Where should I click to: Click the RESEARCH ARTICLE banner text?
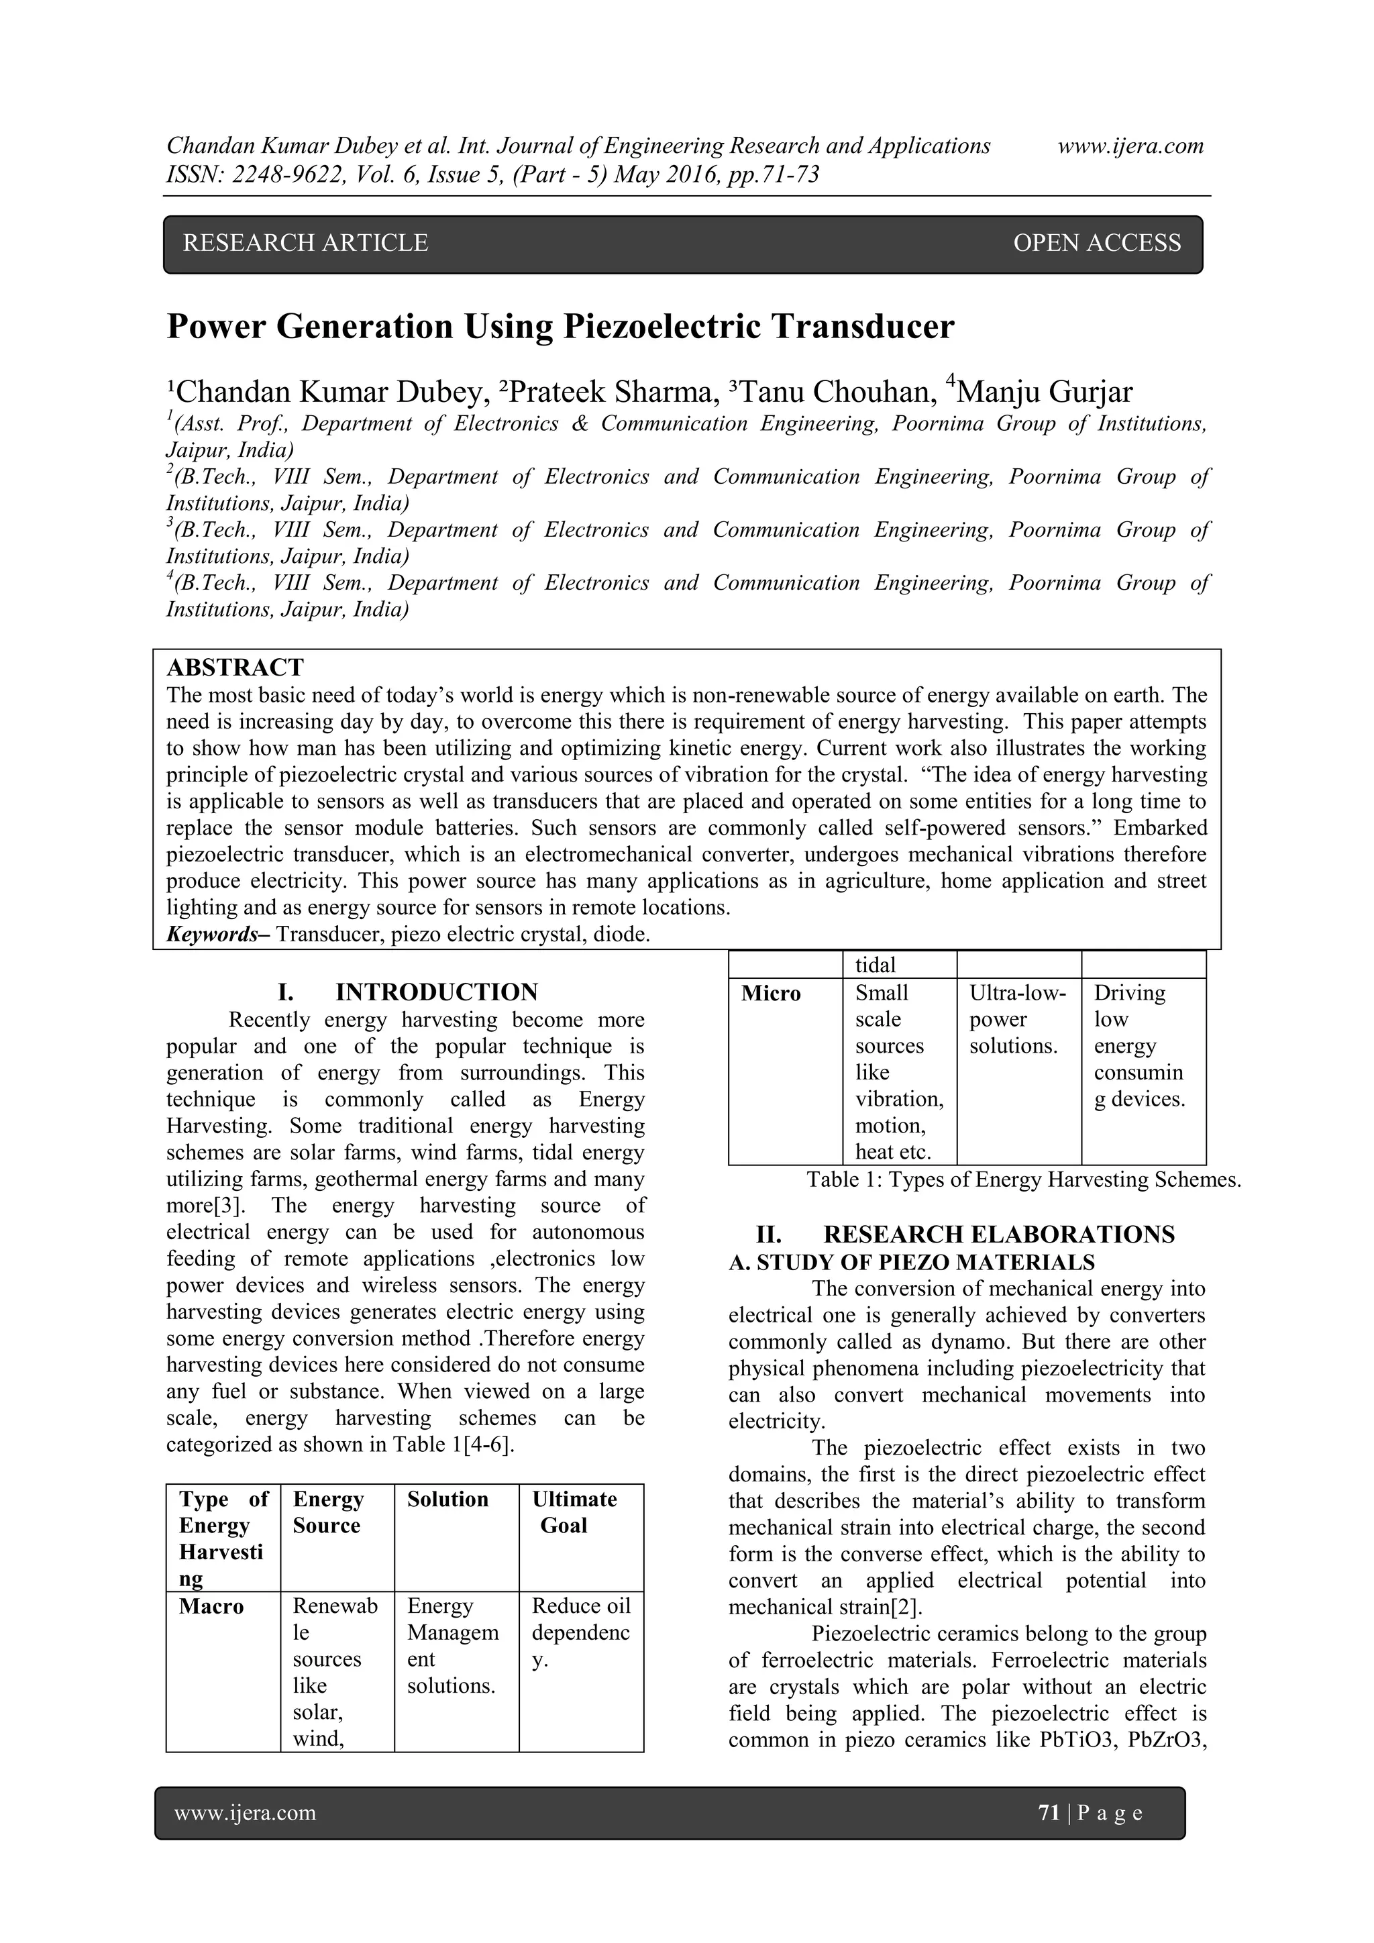(305, 244)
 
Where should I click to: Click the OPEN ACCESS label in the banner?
(1096, 244)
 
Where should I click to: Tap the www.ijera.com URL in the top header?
(1130, 146)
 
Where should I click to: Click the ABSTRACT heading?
(235, 668)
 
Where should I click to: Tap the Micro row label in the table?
(771, 994)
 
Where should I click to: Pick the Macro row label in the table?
(211, 1606)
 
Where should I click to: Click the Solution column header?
(447, 1500)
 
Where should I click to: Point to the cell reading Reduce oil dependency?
(580, 1632)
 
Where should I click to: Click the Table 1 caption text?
(1023, 1179)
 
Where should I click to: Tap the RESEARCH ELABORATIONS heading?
(998, 1234)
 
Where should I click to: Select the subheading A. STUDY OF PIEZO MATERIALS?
(911, 1263)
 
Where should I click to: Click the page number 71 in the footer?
(1048, 1813)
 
